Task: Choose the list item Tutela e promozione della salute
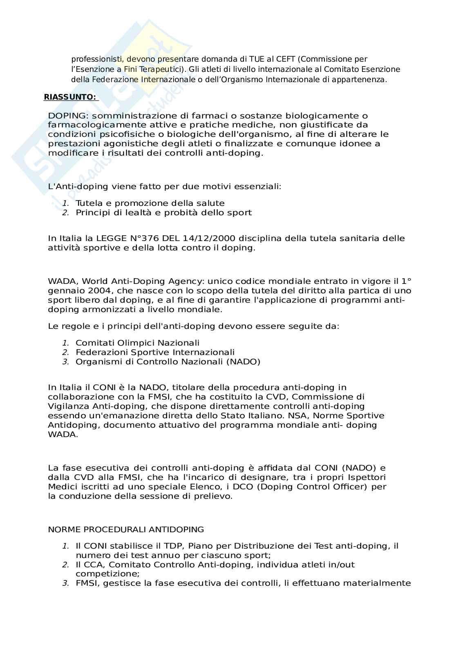150,203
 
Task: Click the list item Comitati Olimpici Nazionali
137,343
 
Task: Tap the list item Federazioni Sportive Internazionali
155,352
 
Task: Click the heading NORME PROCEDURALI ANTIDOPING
126,529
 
